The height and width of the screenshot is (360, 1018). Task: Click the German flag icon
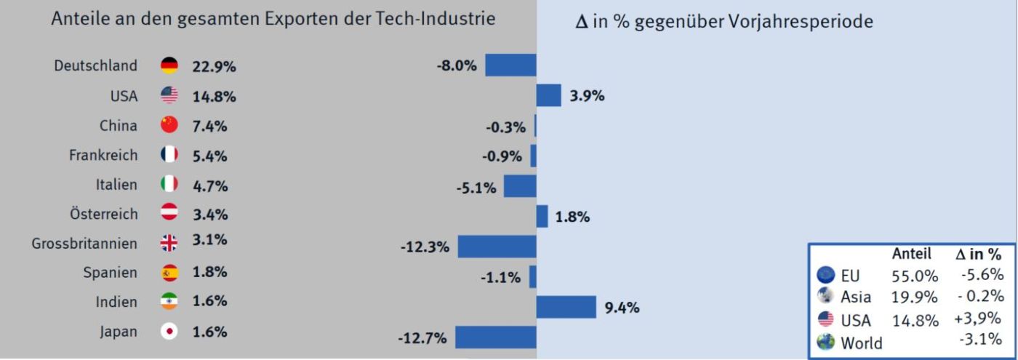(169, 65)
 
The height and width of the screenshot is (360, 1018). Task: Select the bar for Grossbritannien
(497, 247)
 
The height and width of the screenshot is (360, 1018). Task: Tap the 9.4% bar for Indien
(566, 307)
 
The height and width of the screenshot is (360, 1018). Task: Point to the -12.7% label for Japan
(422, 337)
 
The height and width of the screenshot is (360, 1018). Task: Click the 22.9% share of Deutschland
(214, 66)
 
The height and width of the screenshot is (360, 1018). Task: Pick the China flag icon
(169, 125)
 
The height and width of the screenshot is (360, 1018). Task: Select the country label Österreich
(103, 215)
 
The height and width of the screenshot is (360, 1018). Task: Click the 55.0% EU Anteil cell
(915, 276)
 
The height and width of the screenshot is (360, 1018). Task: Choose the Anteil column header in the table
(911, 254)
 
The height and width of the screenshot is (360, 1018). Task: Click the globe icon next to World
(825, 342)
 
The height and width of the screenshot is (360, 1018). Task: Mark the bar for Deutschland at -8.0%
(510, 65)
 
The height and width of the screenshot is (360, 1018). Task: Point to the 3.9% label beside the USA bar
(587, 95)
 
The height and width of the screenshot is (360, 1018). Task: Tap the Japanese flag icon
(169, 332)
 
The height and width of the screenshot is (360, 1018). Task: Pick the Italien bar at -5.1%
(520, 186)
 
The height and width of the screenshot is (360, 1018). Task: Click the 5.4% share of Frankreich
(209, 156)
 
